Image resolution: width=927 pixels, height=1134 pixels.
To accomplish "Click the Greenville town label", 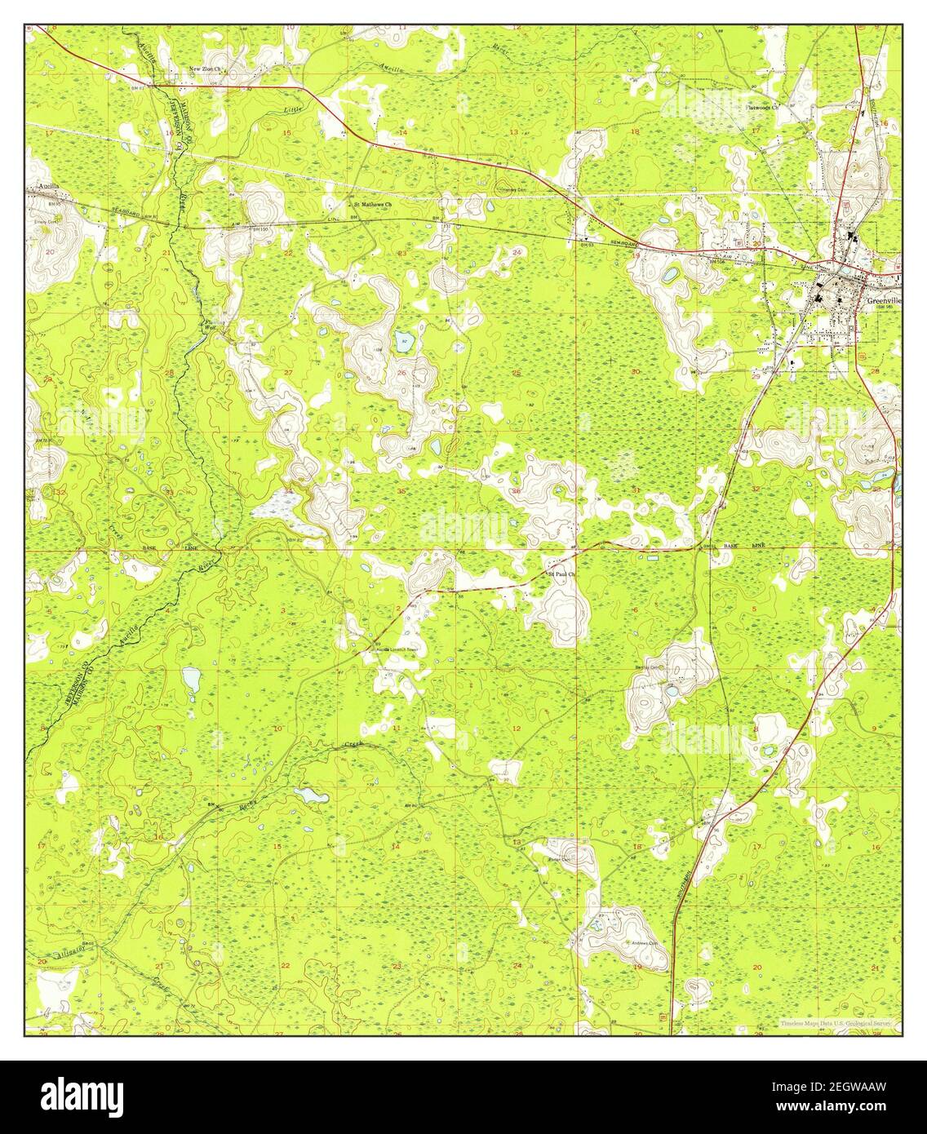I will point(882,299).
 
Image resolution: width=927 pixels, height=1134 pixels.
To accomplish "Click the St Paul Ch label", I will point(561,574).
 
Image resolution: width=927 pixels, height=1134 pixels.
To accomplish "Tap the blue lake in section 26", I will point(403,341).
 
